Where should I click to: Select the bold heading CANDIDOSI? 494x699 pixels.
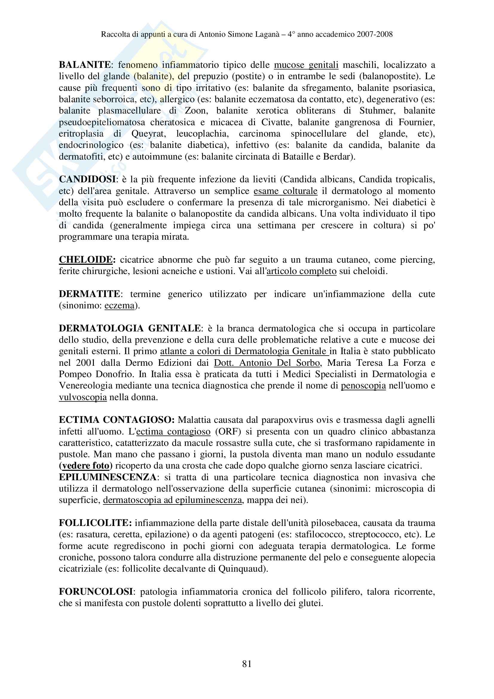87,179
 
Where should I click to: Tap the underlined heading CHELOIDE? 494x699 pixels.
86,260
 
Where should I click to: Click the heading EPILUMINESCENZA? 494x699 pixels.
108,477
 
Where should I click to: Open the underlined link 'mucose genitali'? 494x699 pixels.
306,65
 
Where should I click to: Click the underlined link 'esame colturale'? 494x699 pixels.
285,191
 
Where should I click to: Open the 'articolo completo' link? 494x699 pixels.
302,271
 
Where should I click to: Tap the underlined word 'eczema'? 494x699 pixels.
119,305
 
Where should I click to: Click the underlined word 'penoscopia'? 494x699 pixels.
363,386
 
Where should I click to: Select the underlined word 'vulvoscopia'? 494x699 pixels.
83,397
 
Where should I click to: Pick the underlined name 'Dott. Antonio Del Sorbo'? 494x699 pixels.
267,362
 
